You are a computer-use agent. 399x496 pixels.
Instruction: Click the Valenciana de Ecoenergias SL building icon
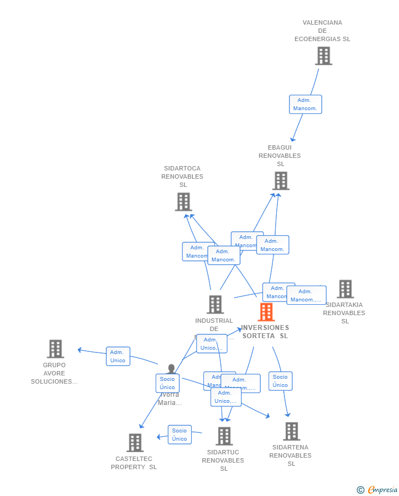click(323, 55)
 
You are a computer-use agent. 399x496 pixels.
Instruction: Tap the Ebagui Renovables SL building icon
click(281, 180)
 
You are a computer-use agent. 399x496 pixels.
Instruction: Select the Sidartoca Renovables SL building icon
click(183, 201)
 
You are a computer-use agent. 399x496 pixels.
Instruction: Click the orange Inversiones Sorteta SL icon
click(266, 312)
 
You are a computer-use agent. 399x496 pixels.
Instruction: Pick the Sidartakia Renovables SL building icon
click(345, 289)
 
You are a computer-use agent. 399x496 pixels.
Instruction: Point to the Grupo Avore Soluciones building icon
click(55, 349)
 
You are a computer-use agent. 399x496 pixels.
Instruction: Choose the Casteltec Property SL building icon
click(135, 442)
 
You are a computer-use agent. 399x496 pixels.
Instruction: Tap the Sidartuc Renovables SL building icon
click(224, 436)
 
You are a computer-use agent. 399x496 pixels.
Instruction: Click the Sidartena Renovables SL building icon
click(291, 431)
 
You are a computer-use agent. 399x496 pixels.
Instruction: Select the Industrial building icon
click(215, 304)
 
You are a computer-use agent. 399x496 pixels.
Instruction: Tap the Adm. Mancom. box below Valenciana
click(305, 104)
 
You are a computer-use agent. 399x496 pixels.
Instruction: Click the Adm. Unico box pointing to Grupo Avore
click(118, 356)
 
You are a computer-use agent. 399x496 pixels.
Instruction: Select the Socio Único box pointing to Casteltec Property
click(179, 435)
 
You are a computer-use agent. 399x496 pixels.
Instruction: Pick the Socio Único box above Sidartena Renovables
click(280, 381)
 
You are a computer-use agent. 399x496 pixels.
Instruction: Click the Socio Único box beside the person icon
click(167, 383)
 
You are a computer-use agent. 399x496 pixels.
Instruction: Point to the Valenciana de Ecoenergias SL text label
click(322, 31)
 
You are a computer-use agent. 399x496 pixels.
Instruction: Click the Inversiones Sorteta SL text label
click(265, 332)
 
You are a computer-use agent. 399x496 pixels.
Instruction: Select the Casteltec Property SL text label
click(134, 463)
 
